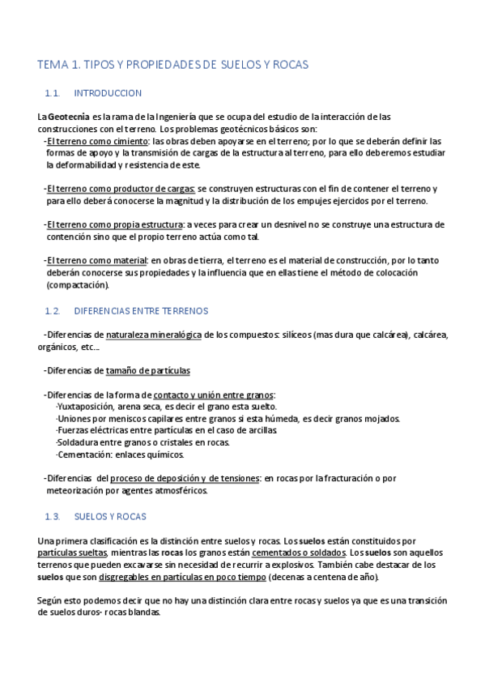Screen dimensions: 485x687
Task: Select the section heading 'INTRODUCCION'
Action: click(107, 93)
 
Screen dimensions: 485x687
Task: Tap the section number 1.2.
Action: click(53, 310)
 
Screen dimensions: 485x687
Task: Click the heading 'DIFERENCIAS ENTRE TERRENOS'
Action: click(140, 310)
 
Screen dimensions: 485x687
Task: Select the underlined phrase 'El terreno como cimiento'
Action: click(91, 141)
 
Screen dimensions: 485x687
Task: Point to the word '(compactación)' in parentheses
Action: click(77, 284)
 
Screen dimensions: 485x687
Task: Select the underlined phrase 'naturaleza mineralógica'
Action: click(154, 334)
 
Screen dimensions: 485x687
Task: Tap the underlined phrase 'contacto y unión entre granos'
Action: click(214, 395)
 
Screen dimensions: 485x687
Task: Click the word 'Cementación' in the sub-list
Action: click(79, 455)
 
